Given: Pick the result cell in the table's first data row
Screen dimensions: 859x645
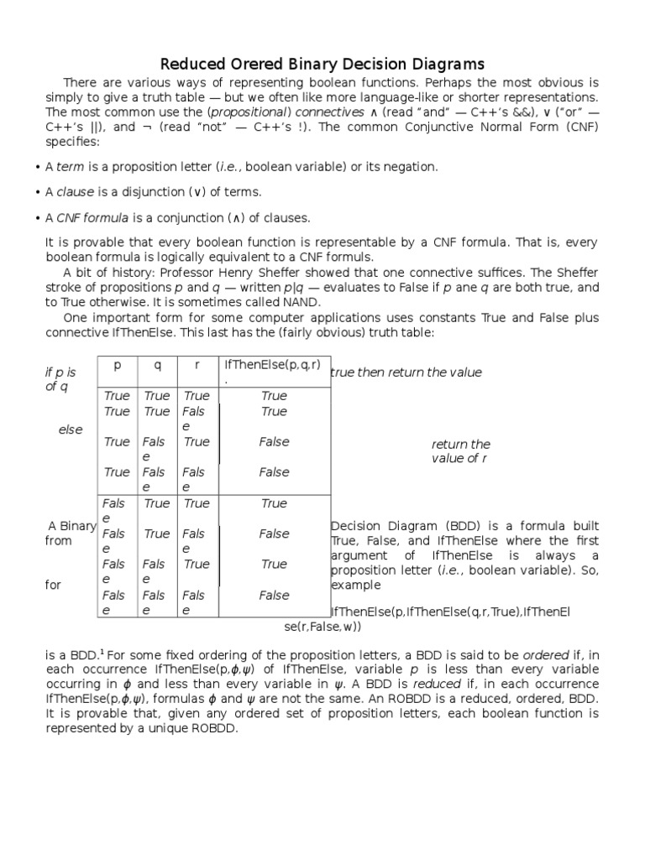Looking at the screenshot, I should click(274, 395).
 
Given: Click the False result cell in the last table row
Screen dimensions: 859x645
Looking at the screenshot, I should click(274, 596).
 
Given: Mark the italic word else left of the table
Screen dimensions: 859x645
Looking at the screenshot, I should click(71, 429).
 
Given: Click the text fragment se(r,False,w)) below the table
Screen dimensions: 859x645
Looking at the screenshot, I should click(324, 627).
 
